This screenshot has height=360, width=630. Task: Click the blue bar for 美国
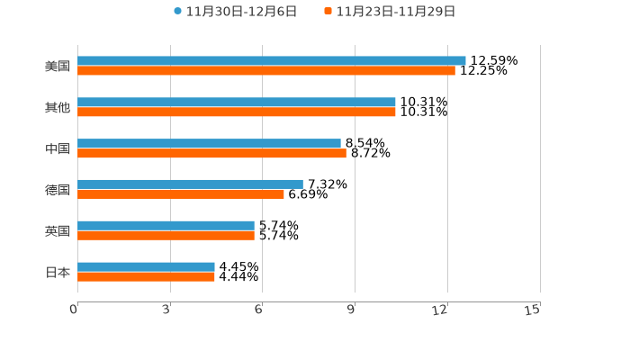(x=272, y=61)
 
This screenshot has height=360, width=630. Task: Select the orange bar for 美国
(x=266, y=71)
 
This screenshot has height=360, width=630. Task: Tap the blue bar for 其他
(x=237, y=103)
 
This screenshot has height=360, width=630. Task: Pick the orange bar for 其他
(x=237, y=112)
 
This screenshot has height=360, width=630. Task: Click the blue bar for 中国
(x=209, y=143)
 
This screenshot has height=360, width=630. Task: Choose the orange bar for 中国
(x=211, y=153)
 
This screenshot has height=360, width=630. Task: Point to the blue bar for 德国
(x=190, y=184)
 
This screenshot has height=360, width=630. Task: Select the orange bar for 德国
(x=181, y=193)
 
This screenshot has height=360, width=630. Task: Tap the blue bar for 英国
(x=166, y=225)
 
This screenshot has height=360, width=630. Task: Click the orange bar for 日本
(x=146, y=276)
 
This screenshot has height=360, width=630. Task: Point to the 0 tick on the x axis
(x=74, y=310)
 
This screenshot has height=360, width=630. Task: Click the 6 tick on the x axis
(x=258, y=310)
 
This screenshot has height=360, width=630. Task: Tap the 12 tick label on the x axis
(x=440, y=310)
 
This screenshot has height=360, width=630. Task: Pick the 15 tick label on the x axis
(x=533, y=310)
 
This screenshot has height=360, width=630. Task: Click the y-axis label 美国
(x=58, y=67)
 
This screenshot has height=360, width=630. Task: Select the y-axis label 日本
(x=58, y=272)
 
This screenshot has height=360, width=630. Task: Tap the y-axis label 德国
(x=58, y=190)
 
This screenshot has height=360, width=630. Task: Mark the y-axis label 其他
(x=58, y=108)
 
